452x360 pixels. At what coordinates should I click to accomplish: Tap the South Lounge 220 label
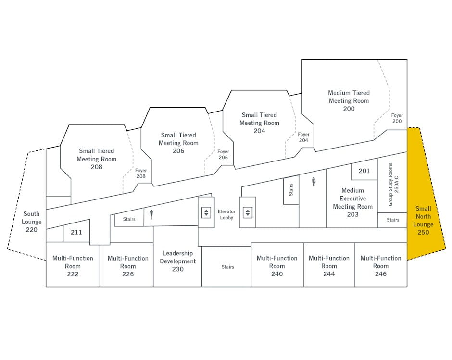(31, 222)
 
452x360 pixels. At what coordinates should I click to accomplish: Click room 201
(364, 171)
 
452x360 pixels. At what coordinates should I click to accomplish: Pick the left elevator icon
(206, 213)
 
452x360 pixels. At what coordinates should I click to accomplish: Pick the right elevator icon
(248, 213)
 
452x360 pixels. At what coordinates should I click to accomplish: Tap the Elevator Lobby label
(226, 214)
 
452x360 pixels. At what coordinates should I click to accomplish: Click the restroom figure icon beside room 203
(314, 182)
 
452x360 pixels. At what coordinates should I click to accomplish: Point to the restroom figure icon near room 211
(151, 214)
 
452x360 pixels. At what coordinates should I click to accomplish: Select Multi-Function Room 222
(73, 265)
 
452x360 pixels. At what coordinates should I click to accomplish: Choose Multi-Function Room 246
(380, 265)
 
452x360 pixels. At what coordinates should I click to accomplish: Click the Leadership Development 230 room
(177, 257)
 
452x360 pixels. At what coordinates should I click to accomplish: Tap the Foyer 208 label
(141, 174)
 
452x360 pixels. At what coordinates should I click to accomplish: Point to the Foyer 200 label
(397, 118)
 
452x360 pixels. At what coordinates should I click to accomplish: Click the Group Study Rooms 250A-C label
(393, 185)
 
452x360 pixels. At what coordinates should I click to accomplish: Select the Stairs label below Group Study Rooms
(393, 220)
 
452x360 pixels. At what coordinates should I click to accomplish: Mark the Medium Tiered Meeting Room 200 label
(349, 101)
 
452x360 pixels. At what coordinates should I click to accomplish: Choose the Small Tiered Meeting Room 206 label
(178, 143)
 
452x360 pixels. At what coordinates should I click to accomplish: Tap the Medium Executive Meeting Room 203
(352, 202)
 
